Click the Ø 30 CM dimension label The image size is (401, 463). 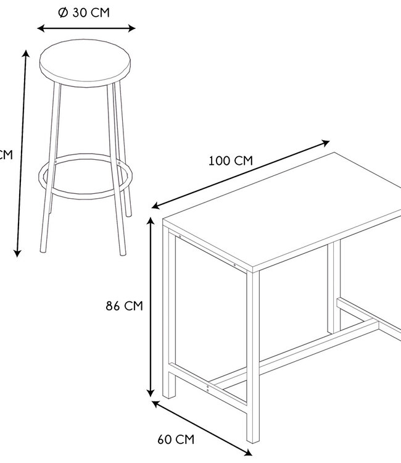[x=85, y=13]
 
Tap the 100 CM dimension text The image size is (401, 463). [x=231, y=161]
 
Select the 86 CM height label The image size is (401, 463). [x=125, y=306]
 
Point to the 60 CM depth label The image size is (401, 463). [x=176, y=440]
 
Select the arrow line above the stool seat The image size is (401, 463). [x=86, y=28]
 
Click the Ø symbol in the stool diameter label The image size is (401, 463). [x=62, y=13]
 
